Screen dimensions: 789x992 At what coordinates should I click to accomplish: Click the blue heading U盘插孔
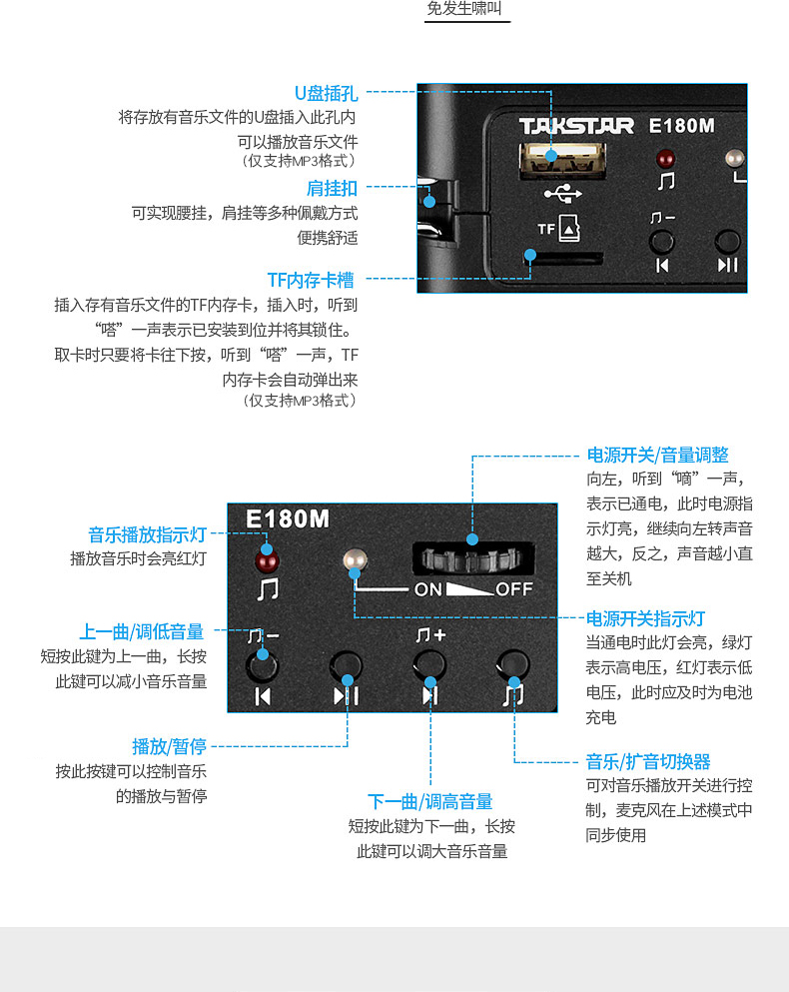point(326,94)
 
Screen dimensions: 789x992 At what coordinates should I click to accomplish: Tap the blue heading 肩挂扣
point(332,188)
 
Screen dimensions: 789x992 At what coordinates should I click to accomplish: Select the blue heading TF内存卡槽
point(310,280)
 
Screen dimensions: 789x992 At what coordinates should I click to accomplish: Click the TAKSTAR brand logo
point(576,126)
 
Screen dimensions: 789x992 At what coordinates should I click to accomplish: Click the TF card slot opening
point(565,258)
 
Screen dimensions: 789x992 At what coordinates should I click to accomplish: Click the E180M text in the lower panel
point(288,519)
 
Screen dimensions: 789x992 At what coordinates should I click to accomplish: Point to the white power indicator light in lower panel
point(352,561)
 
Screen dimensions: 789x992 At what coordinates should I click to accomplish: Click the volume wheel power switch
point(470,558)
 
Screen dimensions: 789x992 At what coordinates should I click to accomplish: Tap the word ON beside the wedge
point(428,589)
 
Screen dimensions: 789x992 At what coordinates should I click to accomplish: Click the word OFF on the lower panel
point(514,589)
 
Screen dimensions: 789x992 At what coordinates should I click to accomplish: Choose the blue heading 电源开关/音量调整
point(657,456)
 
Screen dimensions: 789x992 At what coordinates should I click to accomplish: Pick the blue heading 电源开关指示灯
point(645,618)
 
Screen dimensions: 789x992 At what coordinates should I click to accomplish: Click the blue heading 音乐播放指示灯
point(147,534)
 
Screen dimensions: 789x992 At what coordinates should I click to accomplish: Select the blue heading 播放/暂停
point(169,746)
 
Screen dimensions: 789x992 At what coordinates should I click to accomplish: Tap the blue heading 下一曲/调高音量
point(430,801)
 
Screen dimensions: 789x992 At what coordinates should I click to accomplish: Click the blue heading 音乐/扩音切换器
point(648,761)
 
